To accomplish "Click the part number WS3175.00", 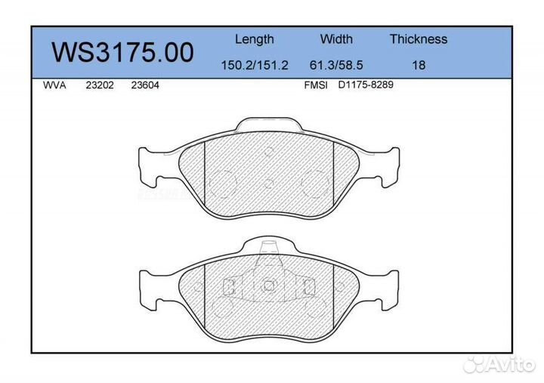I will point(122,53).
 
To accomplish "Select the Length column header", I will point(254,39).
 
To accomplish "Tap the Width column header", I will point(336,39).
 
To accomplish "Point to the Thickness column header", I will point(418,39).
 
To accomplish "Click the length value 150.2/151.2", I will point(254,65).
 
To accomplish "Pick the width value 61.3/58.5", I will point(336,65).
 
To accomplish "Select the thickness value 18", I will point(418,65).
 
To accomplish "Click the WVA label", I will point(55,85).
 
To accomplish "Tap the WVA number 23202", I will point(99,85).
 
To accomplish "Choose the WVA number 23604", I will point(144,85).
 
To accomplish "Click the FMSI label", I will point(315,85).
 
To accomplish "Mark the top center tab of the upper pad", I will point(269,125).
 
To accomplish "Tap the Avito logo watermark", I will point(499,364).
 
